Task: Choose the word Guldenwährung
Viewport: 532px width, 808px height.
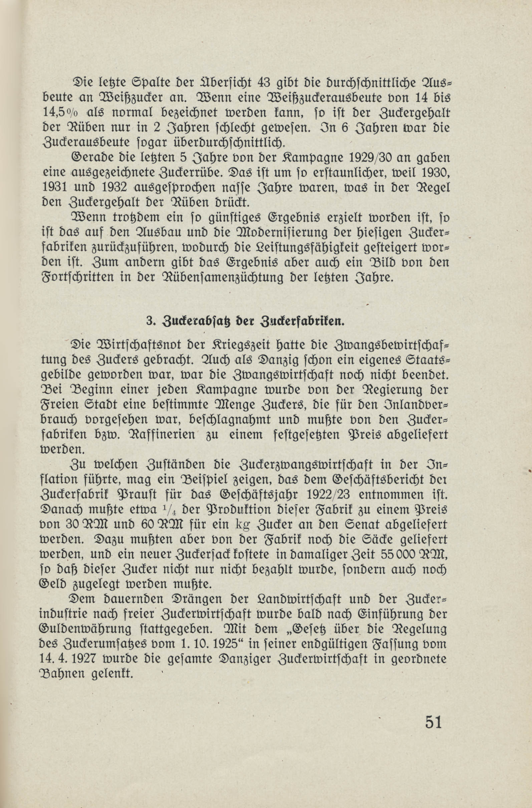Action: [85, 629]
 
